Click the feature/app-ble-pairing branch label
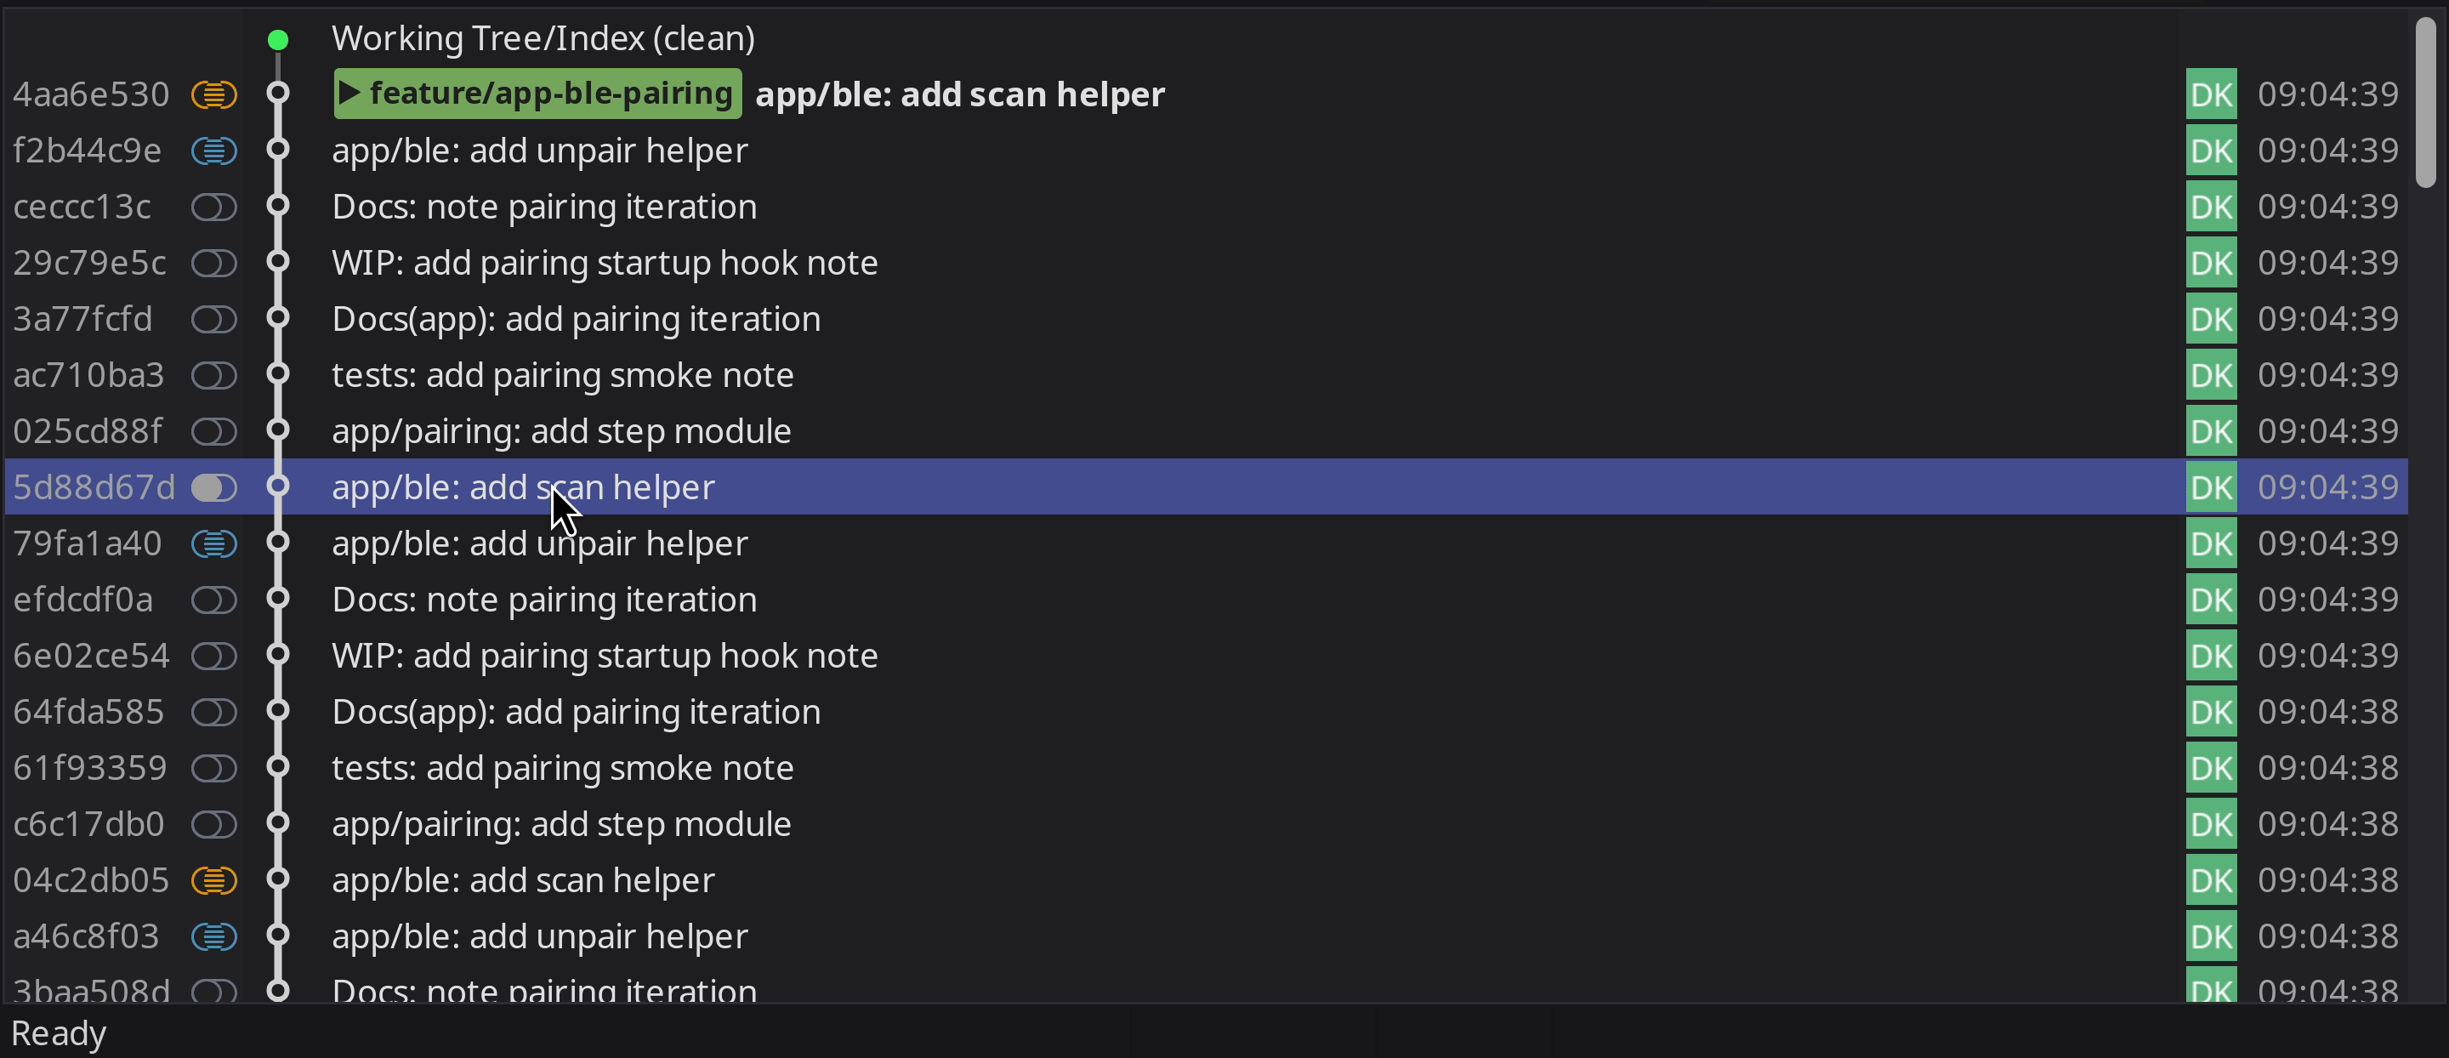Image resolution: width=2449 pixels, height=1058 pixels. click(537, 94)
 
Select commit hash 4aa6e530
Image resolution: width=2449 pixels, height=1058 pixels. click(91, 94)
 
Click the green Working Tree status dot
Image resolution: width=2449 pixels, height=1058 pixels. click(277, 40)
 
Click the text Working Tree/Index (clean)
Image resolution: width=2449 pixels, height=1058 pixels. click(543, 39)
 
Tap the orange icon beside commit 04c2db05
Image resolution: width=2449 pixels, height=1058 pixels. click(214, 880)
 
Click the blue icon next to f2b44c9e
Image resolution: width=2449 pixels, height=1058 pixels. click(214, 151)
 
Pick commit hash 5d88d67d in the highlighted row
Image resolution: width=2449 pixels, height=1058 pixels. click(94, 487)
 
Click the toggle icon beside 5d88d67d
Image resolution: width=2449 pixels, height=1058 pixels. click(214, 487)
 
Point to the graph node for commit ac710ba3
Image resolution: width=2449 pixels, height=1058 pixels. click(277, 374)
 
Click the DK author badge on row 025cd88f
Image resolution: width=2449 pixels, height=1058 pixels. click(2210, 431)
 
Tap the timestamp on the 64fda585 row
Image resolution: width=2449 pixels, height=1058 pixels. click(2327, 712)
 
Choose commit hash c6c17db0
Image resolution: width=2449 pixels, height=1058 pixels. click(88, 824)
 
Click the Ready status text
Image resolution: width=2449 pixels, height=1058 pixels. click(59, 1033)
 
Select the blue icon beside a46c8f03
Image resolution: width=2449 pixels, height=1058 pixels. click(214, 936)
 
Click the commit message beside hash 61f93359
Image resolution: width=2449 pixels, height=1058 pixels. click(562, 768)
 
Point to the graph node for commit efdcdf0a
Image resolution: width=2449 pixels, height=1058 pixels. click(277, 599)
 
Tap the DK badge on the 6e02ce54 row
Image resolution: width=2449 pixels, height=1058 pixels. click(2210, 656)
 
